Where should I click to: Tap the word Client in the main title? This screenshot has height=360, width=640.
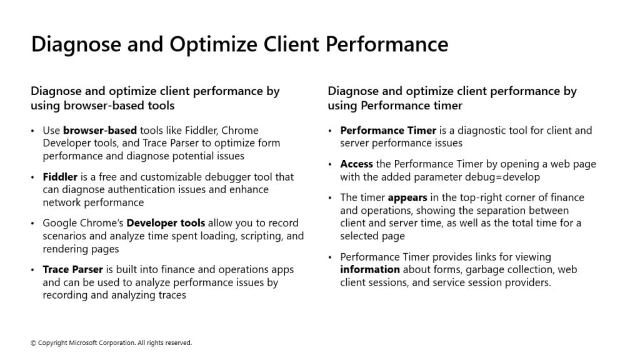coord(291,44)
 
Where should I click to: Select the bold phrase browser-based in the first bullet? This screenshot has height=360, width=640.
coord(100,130)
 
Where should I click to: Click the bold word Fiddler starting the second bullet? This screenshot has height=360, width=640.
coord(60,177)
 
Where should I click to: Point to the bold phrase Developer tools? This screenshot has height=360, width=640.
coord(166,223)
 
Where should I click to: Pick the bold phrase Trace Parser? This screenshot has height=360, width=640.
coord(72,269)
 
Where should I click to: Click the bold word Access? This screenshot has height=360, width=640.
coord(356,164)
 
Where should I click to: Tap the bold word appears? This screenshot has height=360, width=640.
coord(407,198)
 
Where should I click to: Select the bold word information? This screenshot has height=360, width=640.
coord(370,269)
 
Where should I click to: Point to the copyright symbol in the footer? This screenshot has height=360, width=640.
coord(33,343)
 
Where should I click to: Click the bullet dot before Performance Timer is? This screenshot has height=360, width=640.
coord(330,131)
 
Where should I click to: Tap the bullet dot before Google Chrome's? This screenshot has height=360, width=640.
coord(32,223)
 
